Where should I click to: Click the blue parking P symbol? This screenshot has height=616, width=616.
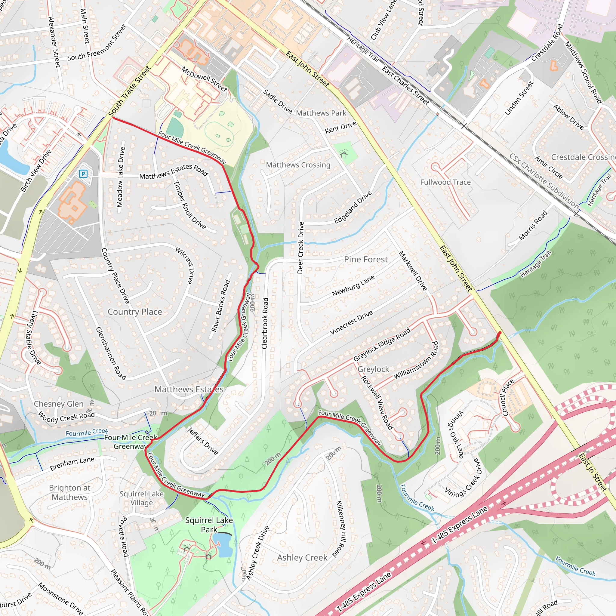click(83, 174)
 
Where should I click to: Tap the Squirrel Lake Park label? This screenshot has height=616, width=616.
click(209, 525)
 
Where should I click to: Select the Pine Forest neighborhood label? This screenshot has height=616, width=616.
click(366, 260)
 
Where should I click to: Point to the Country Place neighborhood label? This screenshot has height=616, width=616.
click(135, 312)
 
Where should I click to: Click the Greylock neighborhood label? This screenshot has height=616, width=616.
click(373, 369)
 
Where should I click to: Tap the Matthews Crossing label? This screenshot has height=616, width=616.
click(298, 165)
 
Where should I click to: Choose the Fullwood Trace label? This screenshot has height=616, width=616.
click(445, 182)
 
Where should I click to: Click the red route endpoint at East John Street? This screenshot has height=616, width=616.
click(500, 333)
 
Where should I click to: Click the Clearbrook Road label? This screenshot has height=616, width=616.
click(265, 323)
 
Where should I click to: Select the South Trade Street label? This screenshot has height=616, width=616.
click(129, 91)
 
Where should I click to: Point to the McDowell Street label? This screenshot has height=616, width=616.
click(204, 79)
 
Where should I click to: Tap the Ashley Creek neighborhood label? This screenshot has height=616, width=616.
click(302, 558)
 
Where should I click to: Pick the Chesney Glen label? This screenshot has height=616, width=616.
click(59, 404)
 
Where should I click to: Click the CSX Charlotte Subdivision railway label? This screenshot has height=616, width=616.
click(544, 180)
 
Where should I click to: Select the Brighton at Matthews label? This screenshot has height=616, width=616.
click(69, 492)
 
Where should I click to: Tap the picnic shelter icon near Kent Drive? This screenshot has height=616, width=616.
click(344, 154)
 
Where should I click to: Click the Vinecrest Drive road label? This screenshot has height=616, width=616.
click(351, 322)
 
